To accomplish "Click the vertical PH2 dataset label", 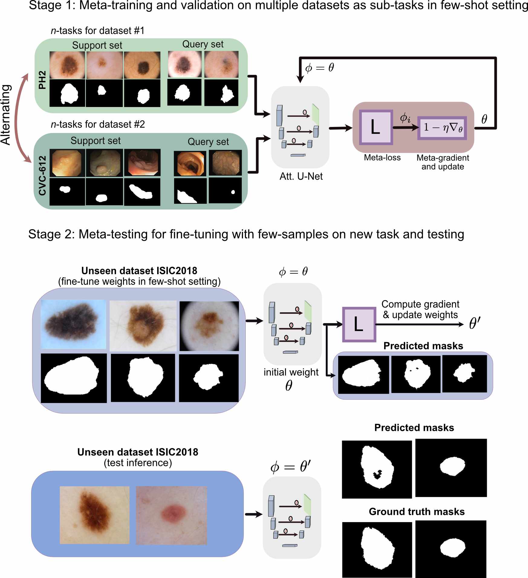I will (x=42, y=80).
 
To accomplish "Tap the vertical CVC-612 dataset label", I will (x=42, y=176).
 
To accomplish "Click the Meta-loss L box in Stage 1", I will (x=376, y=127).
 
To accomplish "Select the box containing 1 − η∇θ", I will (x=442, y=128).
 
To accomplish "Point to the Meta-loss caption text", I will (x=382, y=157).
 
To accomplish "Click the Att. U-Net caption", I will (x=301, y=176).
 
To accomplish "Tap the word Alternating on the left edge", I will (x=6, y=115).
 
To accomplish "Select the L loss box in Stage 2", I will (x=359, y=324).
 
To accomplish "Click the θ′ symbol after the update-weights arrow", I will (x=475, y=323).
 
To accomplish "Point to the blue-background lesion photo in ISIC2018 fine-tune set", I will (x=73, y=324).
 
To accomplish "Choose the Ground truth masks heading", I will (x=416, y=511).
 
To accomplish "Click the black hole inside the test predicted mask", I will (x=377, y=474).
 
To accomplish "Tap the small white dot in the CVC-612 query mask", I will (x=233, y=192).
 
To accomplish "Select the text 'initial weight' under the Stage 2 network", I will (x=291, y=372).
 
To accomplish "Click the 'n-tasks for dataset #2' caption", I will (x=98, y=124).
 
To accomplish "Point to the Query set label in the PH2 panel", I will (x=203, y=44).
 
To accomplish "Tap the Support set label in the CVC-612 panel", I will (x=96, y=141).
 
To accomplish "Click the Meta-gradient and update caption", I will (x=442, y=162).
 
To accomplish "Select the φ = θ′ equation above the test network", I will (x=290, y=466).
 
